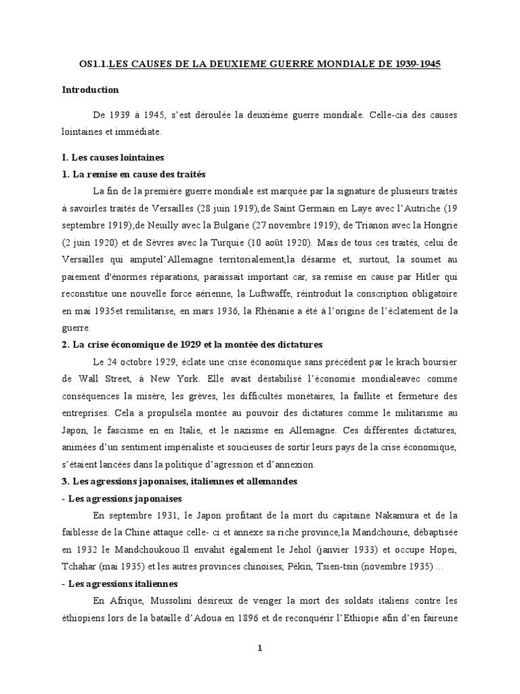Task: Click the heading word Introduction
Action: click(x=90, y=90)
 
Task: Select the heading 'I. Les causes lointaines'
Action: click(x=113, y=157)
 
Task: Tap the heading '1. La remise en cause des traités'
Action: click(x=133, y=174)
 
